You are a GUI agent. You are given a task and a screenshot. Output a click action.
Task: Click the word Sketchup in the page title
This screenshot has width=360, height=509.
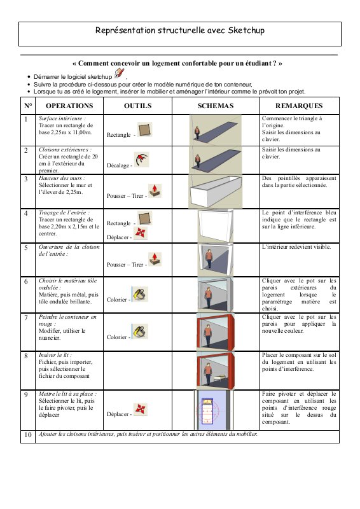[x=246, y=31]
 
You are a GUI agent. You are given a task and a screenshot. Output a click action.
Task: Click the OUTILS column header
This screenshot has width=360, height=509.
[x=137, y=106]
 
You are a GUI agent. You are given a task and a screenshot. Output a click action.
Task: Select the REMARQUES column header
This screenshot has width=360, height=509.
[x=299, y=106]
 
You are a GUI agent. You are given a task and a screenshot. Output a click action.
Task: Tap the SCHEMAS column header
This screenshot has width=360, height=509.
[x=216, y=106]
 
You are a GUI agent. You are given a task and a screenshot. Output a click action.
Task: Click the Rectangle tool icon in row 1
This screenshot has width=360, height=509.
[x=144, y=130]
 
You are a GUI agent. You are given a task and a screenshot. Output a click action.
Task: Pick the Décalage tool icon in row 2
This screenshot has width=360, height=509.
[x=142, y=160]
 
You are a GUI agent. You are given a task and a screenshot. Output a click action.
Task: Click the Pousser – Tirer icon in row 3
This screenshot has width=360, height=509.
[x=155, y=190]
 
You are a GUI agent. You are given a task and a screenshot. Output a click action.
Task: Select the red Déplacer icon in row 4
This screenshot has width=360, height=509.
[x=141, y=233]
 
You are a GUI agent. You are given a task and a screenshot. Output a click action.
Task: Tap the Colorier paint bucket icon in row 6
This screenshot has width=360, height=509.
[x=140, y=294]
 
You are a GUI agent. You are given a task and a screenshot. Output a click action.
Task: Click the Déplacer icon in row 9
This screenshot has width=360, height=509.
[x=141, y=409]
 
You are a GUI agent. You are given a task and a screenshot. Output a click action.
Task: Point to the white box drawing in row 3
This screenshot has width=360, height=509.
[x=215, y=192]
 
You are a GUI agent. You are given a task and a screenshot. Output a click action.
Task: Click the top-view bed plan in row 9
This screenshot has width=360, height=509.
[x=207, y=410]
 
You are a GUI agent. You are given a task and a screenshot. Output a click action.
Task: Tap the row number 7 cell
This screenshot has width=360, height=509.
[x=26, y=317]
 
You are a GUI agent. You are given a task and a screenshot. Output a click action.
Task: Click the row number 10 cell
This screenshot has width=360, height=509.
[x=28, y=435]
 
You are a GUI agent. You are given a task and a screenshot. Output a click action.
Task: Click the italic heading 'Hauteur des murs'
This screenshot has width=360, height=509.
[x=62, y=178]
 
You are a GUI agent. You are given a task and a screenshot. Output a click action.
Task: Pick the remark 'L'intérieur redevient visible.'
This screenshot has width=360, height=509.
[x=296, y=247]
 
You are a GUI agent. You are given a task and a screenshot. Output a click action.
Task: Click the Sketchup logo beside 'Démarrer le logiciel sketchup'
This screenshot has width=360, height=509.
[x=120, y=74]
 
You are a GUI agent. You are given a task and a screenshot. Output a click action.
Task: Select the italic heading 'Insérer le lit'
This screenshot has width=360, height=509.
[x=55, y=355]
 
